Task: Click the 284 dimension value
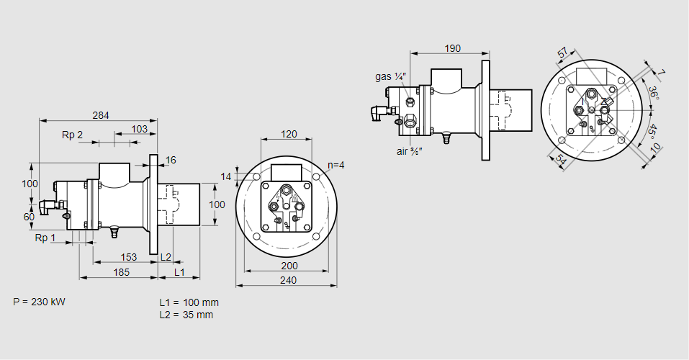point(102,115)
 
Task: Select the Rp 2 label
point(72,135)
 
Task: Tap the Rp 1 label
point(45,238)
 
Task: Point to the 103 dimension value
point(140,129)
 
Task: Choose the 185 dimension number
point(121,271)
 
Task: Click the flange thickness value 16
point(171,160)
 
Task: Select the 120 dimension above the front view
point(288,134)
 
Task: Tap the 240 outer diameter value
point(287,281)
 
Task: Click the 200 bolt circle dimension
point(288,266)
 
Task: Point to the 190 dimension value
point(452,48)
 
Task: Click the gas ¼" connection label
point(391,76)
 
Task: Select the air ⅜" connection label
point(409,151)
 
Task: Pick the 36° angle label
point(652,94)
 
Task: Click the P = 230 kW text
point(39,302)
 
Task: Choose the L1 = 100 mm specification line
point(189,302)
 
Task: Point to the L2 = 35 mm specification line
point(186,315)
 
